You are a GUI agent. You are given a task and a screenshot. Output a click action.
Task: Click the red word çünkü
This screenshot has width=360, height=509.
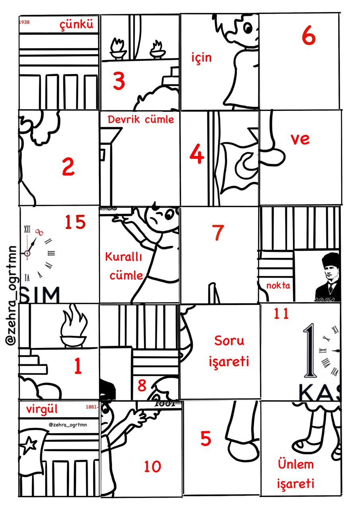click(76, 25)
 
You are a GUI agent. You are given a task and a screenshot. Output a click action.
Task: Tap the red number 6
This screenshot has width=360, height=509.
click(308, 37)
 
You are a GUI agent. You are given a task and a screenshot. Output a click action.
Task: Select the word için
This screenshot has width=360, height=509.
click(201, 58)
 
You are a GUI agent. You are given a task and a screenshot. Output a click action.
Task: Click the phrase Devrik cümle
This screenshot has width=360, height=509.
click(141, 119)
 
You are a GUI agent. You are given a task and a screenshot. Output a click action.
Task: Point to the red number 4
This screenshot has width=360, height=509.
click(197, 155)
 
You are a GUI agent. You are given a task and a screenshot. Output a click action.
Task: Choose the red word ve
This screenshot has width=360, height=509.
click(300, 139)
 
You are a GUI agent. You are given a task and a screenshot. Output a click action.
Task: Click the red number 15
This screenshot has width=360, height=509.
click(76, 222)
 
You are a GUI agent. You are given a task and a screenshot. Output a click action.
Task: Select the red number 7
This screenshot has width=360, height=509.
click(218, 233)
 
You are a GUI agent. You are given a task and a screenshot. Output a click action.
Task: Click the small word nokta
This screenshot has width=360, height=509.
click(278, 285)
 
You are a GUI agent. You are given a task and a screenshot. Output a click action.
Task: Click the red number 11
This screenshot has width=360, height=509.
click(281, 314)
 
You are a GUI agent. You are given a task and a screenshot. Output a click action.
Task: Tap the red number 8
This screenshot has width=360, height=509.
click(142, 385)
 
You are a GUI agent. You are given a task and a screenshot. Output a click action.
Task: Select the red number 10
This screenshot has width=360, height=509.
click(152, 466)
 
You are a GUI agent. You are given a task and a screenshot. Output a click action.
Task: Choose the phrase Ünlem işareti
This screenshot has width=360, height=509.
click(296, 474)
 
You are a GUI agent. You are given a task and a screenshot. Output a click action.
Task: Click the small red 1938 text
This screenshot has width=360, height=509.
click(24, 22)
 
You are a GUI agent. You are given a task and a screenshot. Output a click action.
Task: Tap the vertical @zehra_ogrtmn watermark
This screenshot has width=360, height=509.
click(12, 295)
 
